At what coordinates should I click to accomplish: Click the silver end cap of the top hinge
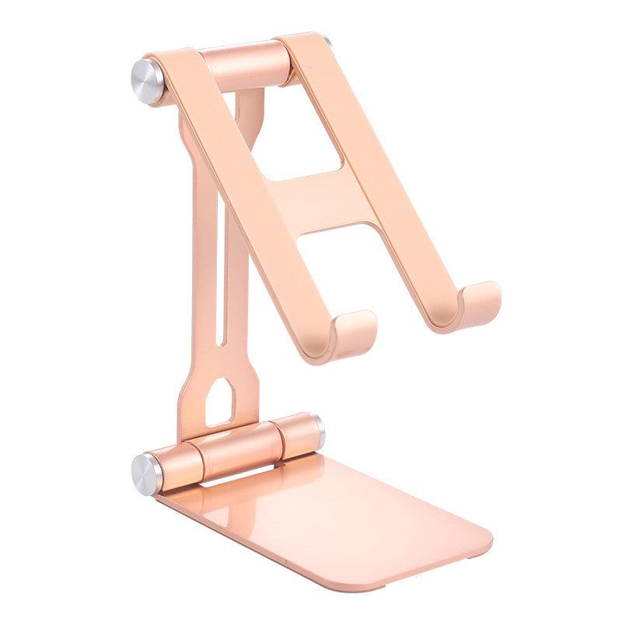pos(147,81)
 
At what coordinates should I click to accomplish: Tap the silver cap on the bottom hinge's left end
pos(146,473)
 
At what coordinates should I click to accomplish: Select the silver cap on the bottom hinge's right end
pos(320,430)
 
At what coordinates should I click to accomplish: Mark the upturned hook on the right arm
pos(477,303)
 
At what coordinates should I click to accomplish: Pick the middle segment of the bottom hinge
pos(237,449)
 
